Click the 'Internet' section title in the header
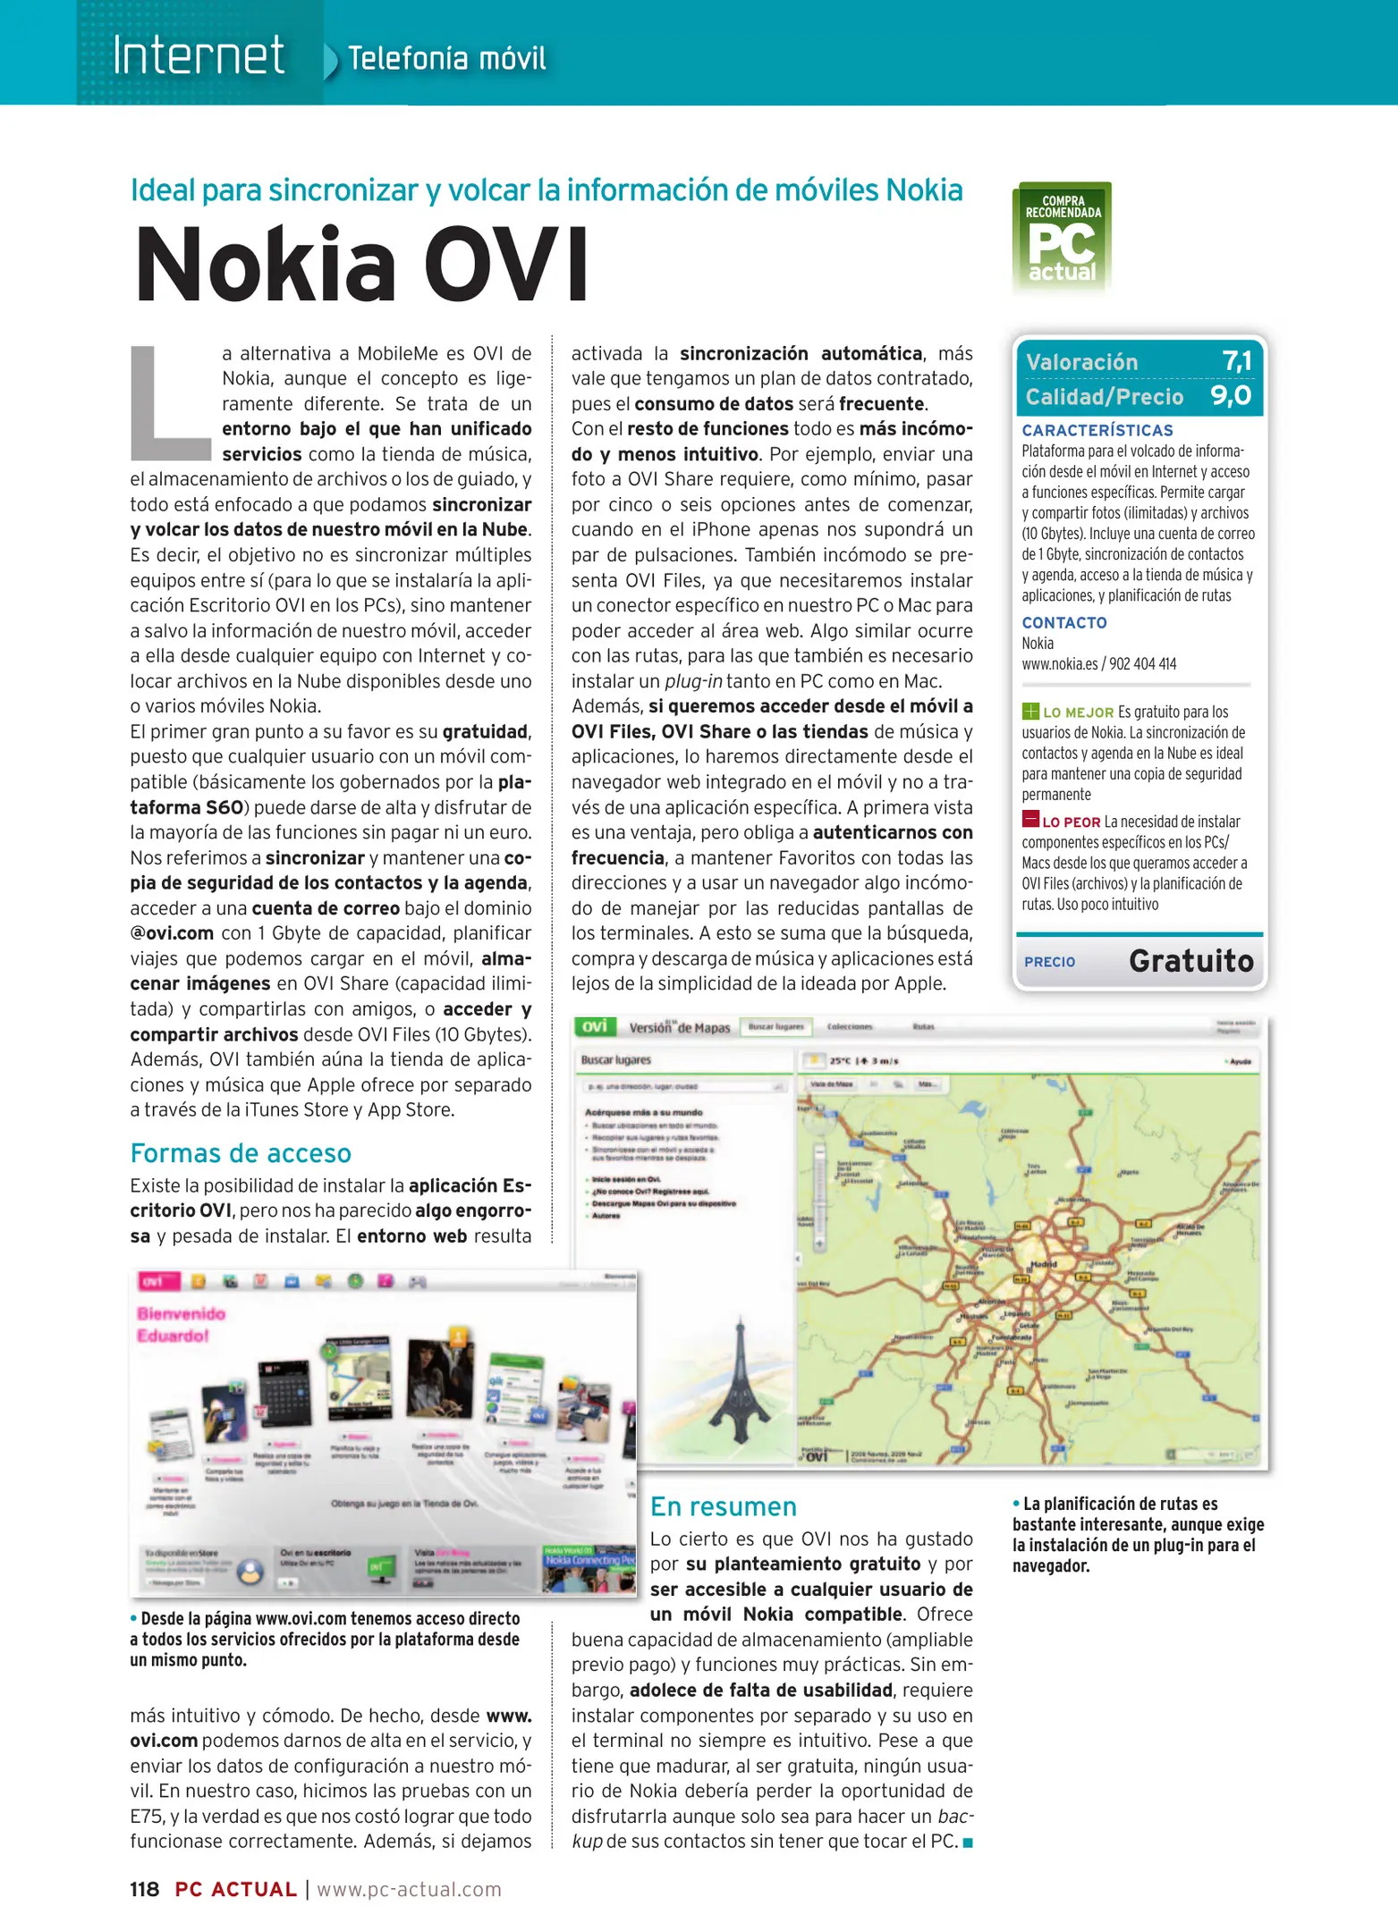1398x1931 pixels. pos(199,55)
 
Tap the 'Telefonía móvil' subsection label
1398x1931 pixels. pos(445,59)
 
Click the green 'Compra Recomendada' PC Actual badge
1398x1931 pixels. pos(1062,237)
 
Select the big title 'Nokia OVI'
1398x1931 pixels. pos(361,266)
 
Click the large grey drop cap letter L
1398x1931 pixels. pos(169,403)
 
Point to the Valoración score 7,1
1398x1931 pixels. pos(1237,361)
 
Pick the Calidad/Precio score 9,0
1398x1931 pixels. pos(1232,395)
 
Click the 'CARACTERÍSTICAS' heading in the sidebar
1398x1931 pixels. pos(1097,430)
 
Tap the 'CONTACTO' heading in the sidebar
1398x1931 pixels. pos(1064,622)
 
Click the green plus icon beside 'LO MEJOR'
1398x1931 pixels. pos(1030,712)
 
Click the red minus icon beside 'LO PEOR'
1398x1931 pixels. pos(1030,820)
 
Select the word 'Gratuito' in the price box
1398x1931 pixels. pos(1190,961)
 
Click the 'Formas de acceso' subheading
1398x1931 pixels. pos(241,1153)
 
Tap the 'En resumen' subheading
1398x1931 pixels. pos(723,1506)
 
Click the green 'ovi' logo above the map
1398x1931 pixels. pos(595,1026)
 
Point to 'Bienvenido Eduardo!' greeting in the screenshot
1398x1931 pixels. pos(181,1324)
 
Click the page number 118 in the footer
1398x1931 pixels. pos(144,1889)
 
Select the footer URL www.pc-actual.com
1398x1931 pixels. pos(409,1889)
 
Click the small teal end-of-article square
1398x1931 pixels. pos(967,1842)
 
